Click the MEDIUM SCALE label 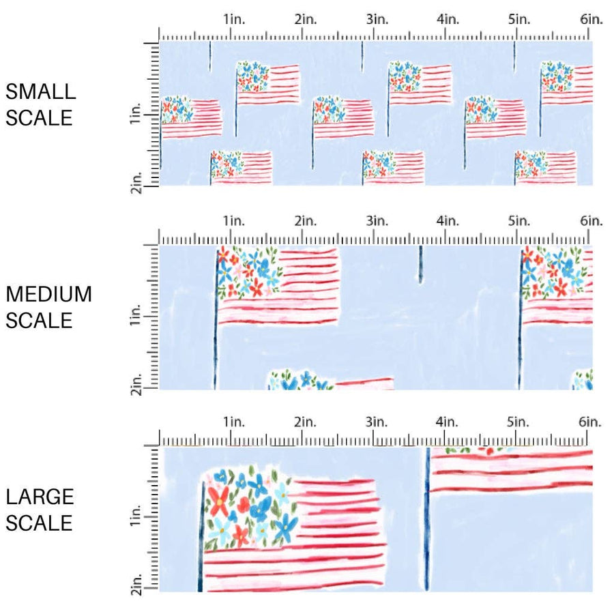[x=48, y=307]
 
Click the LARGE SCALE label [x=39, y=510]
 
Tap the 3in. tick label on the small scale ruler [x=377, y=20]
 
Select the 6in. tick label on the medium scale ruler [x=591, y=221]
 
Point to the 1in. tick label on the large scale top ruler [x=233, y=422]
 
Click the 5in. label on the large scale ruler [x=518, y=422]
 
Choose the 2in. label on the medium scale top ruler [x=305, y=221]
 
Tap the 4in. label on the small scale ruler [x=448, y=20]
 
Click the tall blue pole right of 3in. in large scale [x=427, y=518]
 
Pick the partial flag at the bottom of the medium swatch [x=330, y=381]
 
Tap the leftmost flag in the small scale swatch [x=192, y=117]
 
